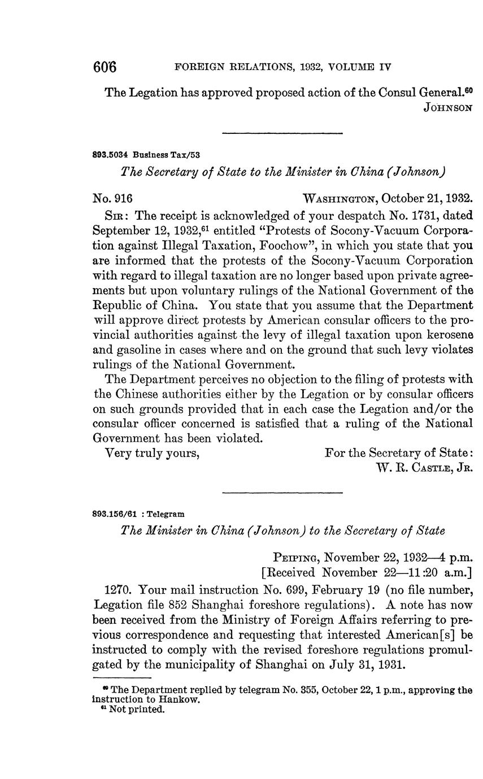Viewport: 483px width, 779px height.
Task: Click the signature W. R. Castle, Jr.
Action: point(424,468)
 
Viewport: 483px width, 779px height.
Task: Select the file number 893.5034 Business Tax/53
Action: point(146,154)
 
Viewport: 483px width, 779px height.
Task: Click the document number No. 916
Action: point(112,198)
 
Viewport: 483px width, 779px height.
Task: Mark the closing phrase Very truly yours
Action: point(153,453)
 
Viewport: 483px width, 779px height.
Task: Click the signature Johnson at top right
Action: point(447,108)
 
